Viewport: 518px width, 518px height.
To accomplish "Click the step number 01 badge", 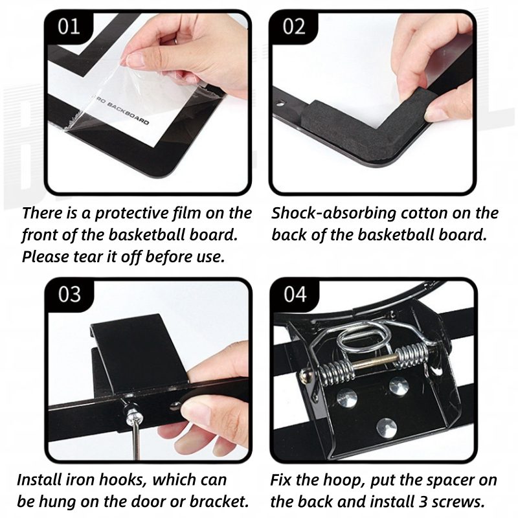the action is pyautogui.click(x=69, y=27).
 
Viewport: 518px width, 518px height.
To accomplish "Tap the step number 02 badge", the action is pyautogui.click(x=294, y=27).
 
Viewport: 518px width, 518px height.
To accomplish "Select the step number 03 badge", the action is pyautogui.click(x=69, y=294).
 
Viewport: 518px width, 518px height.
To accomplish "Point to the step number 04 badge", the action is pyautogui.click(x=295, y=294).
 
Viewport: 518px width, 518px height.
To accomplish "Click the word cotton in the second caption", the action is pyautogui.click(x=423, y=214).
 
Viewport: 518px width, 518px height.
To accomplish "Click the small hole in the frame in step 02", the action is pyautogui.click(x=280, y=104).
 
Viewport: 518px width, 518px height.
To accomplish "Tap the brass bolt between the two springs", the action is pyautogui.click(x=375, y=364).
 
